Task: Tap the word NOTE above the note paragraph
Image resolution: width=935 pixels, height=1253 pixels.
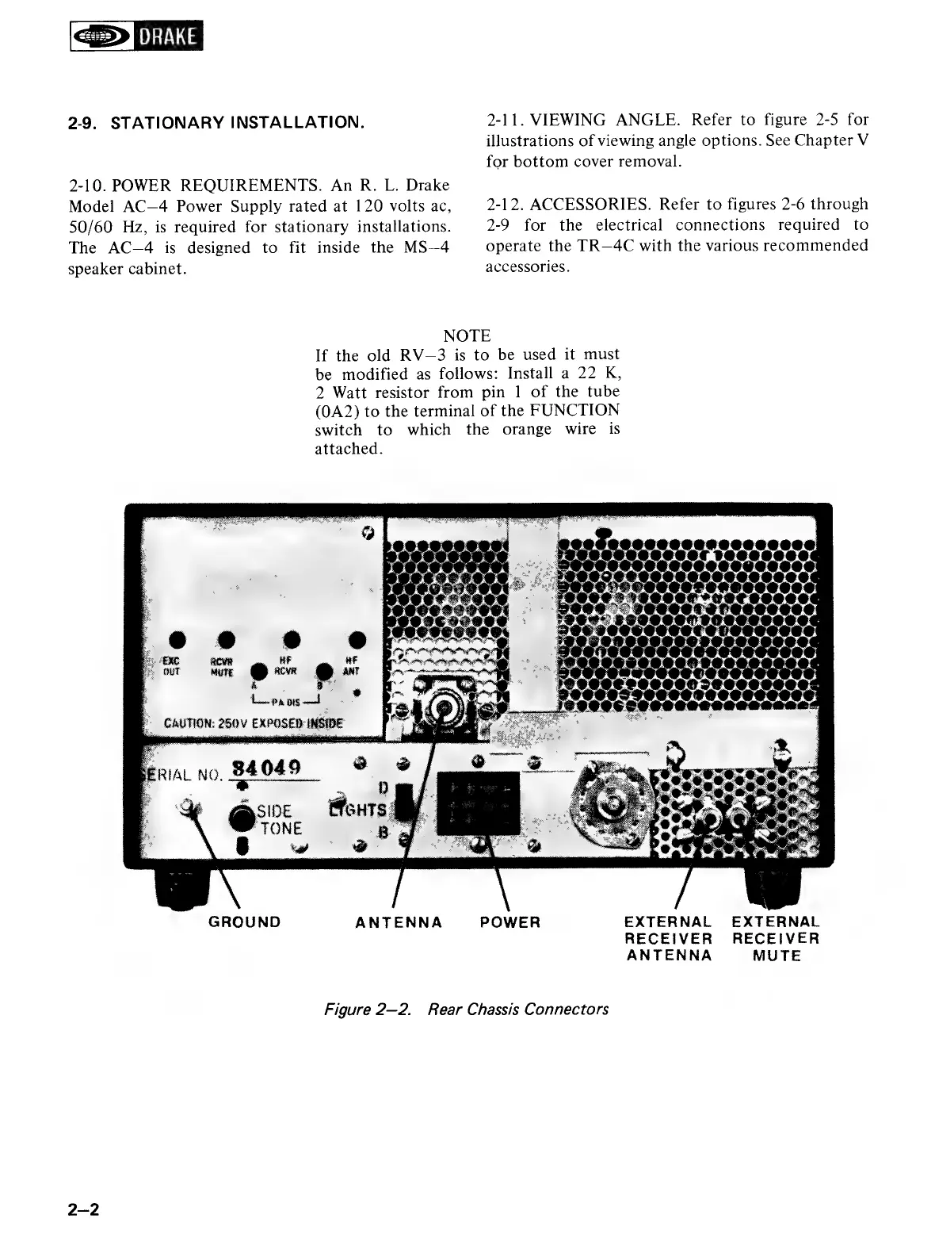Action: coord(467,335)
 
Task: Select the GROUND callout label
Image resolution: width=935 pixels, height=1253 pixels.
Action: coord(244,922)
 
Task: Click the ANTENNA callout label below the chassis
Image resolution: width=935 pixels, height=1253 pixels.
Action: coord(399,922)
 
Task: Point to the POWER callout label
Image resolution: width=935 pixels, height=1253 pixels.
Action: coord(510,922)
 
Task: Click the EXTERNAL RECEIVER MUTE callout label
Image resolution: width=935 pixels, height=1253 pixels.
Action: coord(776,939)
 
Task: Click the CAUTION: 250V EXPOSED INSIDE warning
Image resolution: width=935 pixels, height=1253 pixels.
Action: coord(253,722)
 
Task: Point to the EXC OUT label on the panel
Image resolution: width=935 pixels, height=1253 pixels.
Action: coord(172,665)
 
